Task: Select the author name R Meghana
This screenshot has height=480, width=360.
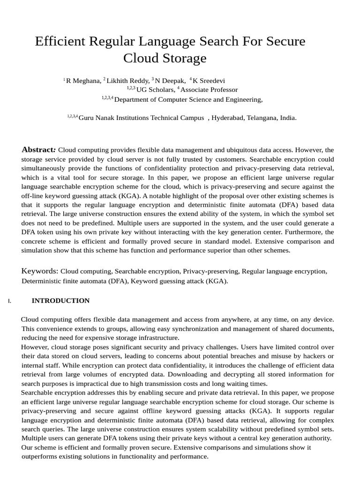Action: [x=83, y=81]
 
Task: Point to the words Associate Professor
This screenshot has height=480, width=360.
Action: [x=209, y=90]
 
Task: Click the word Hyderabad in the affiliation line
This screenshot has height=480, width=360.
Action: [x=227, y=118]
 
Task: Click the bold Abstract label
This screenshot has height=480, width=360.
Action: [x=39, y=150]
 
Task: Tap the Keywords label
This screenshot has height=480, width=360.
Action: [x=40, y=271]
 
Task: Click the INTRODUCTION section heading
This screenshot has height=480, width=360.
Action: [x=60, y=300]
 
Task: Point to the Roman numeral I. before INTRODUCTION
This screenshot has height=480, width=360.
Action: [x=9, y=301]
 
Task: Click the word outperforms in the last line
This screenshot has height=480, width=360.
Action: [x=41, y=456]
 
